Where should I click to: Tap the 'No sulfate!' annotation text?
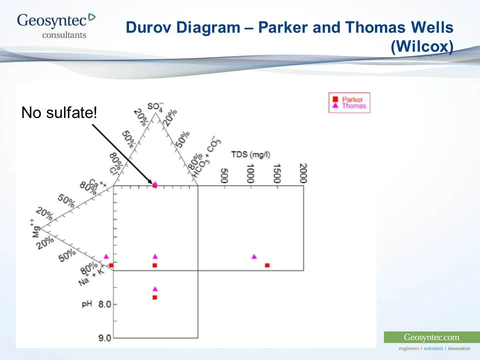point(59,112)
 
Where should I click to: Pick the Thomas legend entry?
point(353,106)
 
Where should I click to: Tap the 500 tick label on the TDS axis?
point(224,175)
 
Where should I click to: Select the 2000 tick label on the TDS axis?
point(302,173)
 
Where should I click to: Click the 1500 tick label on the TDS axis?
point(276,173)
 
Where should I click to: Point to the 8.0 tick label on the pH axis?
point(104,304)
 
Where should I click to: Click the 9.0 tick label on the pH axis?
point(104,338)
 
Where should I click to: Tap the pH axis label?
point(86,303)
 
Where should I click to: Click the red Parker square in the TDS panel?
point(267,265)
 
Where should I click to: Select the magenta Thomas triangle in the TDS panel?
point(254,257)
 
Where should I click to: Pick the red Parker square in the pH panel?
point(155,297)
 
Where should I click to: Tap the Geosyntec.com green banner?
point(431,337)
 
